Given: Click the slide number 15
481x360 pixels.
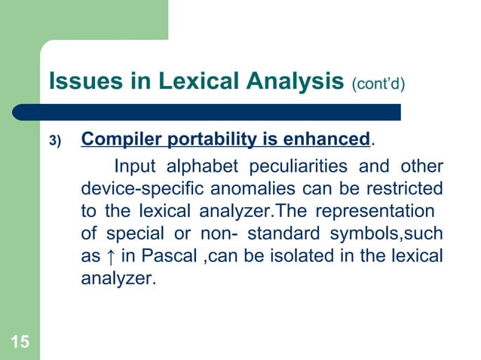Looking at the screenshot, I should (x=20, y=344).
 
